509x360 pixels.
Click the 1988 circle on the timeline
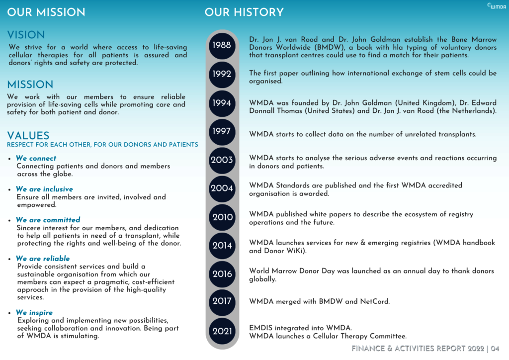222,45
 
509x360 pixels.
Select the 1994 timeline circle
222,103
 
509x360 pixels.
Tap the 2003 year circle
222,160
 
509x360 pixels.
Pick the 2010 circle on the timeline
222,217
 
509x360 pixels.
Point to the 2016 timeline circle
222,274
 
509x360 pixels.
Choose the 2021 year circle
222,331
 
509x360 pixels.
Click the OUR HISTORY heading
244,12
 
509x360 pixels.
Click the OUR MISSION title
46,12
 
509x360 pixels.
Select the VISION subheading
26,35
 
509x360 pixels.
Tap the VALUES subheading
28,136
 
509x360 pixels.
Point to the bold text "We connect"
36,158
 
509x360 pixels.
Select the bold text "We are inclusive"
44,189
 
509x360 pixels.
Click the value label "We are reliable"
43,259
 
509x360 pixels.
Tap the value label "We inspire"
34,313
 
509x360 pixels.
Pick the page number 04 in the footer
495,349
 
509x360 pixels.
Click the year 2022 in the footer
472,349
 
